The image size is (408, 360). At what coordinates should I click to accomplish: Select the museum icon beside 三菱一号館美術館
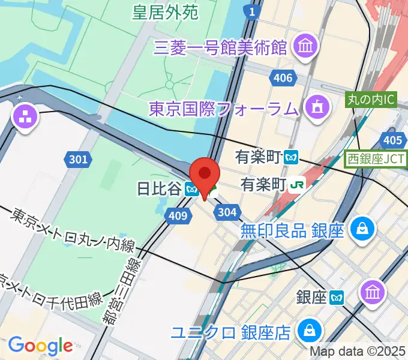(x=305, y=46)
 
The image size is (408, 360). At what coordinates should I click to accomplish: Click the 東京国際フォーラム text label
(x=223, y=109)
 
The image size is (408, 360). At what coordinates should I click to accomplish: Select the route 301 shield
(x=77, y=159)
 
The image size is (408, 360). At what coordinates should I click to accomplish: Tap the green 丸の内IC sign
(x=371, y=100)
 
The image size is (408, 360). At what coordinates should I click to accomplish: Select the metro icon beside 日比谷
(x=192, y=190)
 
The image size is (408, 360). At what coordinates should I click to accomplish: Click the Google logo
(x=40, y=345)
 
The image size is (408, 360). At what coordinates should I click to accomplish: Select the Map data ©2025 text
(x=358, y=352)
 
